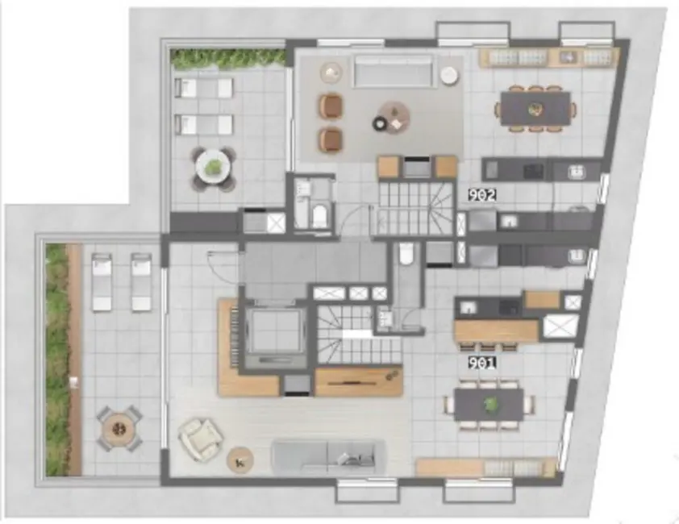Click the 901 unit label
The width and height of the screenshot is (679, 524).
point(481,363)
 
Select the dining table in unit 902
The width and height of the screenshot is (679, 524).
point(535,108)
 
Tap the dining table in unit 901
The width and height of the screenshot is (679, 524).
point(489,405)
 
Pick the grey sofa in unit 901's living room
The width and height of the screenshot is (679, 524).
point(327,457)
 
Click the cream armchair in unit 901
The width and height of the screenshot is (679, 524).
point(198,440)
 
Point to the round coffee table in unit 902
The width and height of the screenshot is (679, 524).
point(394,118)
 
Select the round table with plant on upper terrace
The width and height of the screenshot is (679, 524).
point(213,168)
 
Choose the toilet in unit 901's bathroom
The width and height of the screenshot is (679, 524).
point(406,256)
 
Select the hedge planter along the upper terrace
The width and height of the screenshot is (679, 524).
point(228,58)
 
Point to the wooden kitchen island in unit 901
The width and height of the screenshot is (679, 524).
point(496,331)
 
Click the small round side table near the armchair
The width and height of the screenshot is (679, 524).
point(240,460)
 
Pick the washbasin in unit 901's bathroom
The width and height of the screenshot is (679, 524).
point(384,318)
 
